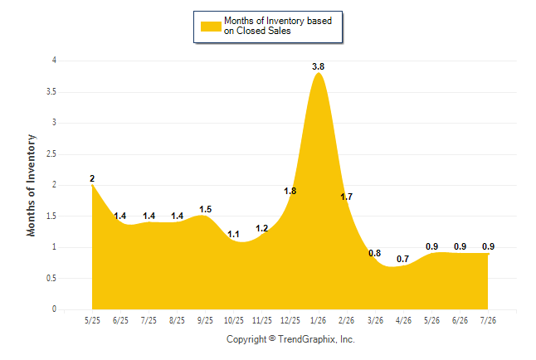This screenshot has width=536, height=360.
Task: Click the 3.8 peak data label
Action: click(x=318, y=66)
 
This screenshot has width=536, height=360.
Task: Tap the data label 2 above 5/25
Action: click(x=92, y=178)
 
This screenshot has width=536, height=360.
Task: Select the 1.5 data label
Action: click(x=206, y=209)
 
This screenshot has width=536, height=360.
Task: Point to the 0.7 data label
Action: click(x=402, y=259)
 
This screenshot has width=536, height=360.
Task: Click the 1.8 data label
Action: click(x=290, y=191)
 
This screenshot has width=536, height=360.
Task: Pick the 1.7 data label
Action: click(x=346, y=197)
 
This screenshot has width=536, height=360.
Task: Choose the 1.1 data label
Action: click(x=233, y=235)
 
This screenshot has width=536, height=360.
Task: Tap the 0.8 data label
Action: click(x=375, y=253)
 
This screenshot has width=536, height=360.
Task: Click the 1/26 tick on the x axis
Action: click(x=319, y=320)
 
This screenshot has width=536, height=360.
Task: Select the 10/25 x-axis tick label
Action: click(x=234, y=320)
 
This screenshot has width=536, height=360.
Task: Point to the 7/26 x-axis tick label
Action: click(x=488, y=320)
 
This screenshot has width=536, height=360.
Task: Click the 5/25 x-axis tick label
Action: click(x=92, y=320)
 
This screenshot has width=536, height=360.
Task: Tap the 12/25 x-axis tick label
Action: click(x=290, y=320)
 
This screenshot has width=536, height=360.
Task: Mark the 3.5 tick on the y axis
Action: click(x=51, y=92)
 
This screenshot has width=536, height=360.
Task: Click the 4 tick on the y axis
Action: click(x=54, y=61)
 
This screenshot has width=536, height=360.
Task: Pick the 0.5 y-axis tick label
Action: click(x=51, y=278)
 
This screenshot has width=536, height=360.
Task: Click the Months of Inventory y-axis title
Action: click(x=31, y=185)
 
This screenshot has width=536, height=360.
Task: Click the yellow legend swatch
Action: click(x=211, y=27)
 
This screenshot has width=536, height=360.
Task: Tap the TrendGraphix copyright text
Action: click(x=290, y=339)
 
